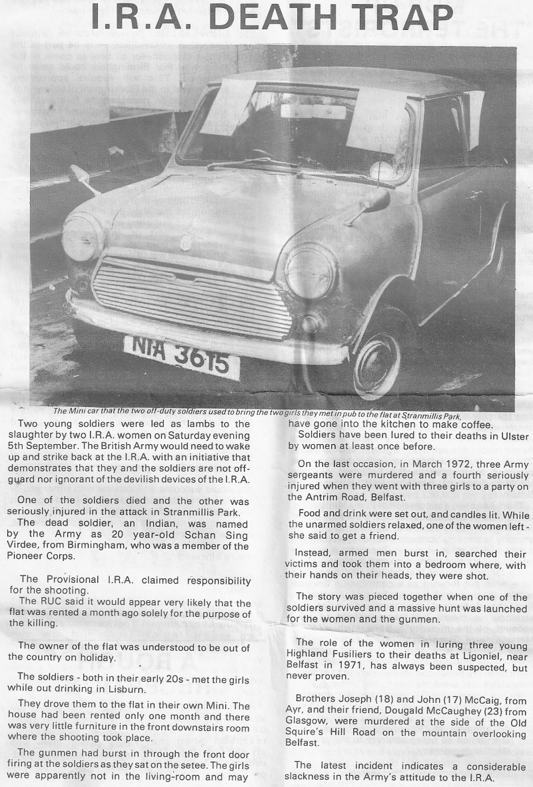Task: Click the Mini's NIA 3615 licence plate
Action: click(x=181, y=357)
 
